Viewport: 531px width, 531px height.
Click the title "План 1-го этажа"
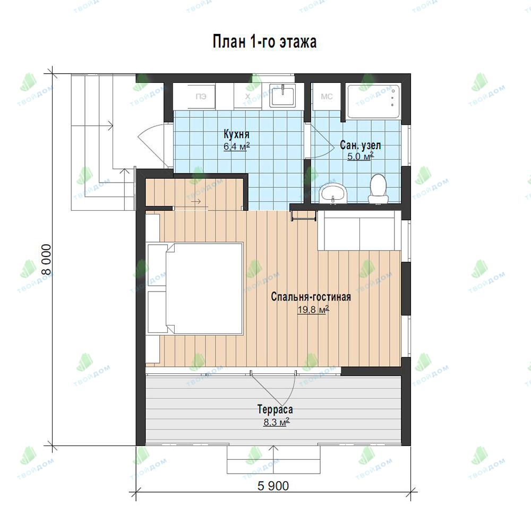coord(264,42)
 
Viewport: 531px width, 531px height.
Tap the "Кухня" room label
coord(236,134)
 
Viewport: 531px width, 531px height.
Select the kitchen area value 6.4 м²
coord(236,147)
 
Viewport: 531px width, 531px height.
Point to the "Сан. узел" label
coord(361,145)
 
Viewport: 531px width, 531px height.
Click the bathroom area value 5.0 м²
coord(361,157)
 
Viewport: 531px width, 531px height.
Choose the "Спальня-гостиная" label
coord(311,297)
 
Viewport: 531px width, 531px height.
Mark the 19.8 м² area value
coord(313,310)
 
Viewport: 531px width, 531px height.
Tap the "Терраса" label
coord(275,409)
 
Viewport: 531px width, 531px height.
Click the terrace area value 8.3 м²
coord(276,422)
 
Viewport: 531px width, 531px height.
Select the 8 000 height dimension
coord(46,260)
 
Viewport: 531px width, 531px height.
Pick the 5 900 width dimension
coord(273,486)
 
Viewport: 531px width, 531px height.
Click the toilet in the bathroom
coord(378,189)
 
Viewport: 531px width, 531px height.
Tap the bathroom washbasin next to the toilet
coord(333,193)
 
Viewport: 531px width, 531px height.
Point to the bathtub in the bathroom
coord(374,101)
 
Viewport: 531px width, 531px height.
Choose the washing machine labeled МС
coord(327,97)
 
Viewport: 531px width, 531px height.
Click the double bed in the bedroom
coord(195,288)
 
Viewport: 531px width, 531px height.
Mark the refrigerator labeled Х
coord(247,96)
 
